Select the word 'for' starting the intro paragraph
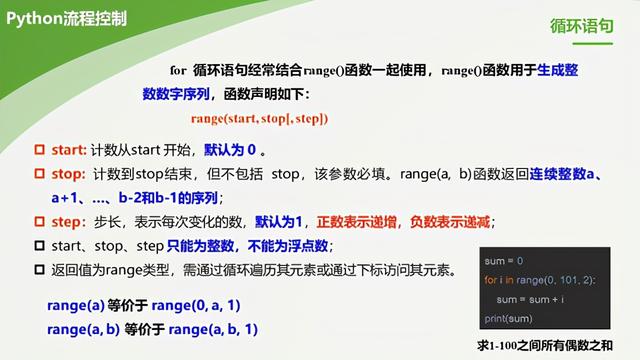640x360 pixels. (178, 71)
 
